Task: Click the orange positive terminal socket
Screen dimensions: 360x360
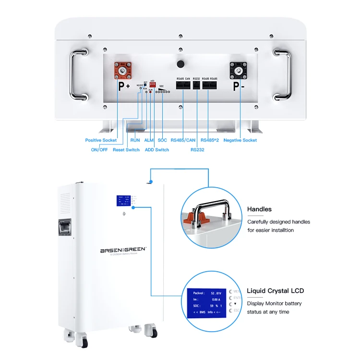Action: point(122,71)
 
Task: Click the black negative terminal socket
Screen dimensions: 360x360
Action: point(239,71)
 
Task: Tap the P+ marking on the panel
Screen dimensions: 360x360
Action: point(123,87)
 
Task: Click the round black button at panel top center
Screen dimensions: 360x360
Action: point(181,64)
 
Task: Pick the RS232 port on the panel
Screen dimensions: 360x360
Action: point(196,85)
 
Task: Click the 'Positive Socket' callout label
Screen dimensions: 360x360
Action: point(101,140)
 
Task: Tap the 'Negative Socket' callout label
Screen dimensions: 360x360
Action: point(240,140)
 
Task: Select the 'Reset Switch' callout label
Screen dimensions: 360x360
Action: point(126,150)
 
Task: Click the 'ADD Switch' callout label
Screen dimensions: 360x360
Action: point(157,150)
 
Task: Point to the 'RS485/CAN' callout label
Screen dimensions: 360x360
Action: point(183,140)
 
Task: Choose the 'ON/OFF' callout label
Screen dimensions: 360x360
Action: point(99,150)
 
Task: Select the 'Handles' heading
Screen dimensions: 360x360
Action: point(259,209)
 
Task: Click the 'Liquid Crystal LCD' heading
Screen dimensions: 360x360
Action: point(275,291)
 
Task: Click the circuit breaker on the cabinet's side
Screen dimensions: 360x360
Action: point(66,230)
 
